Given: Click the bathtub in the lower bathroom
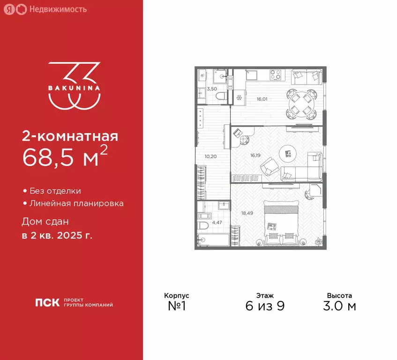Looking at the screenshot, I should (x=213, y=239).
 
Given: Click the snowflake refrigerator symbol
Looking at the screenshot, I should (x=239, y=98).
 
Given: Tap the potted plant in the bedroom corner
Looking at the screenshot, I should (x=318, y=241).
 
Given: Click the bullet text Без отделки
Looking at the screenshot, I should (x=55, y=191).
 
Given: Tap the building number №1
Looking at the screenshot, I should (x=176, y=306).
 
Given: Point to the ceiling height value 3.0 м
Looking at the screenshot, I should (x=339, y=306).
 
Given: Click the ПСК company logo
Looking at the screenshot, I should (x=47, y=303).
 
